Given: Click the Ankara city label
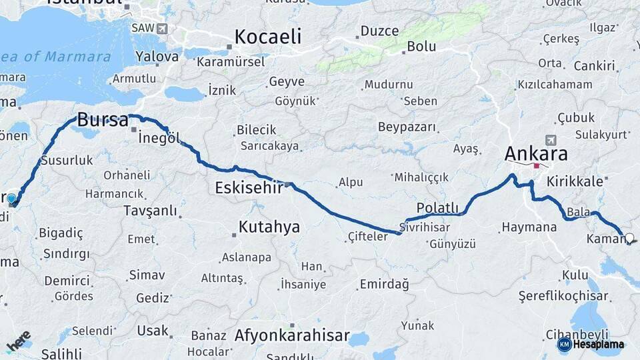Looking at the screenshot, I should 536,154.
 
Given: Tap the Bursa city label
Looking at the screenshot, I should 103,121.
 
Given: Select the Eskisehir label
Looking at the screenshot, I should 249,188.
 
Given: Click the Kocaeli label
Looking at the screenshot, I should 267,37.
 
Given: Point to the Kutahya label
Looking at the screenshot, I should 269,227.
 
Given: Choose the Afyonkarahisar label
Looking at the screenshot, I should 291,335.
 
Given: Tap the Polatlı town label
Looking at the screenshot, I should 437,207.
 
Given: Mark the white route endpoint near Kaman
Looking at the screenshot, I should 629,237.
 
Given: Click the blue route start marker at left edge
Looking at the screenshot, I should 11,199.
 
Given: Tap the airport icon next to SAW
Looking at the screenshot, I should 162,29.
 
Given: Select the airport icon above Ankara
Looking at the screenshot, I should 551,140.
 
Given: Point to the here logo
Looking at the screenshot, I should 19,341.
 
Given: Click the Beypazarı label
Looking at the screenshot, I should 407,127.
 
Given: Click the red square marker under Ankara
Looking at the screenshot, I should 537,165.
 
